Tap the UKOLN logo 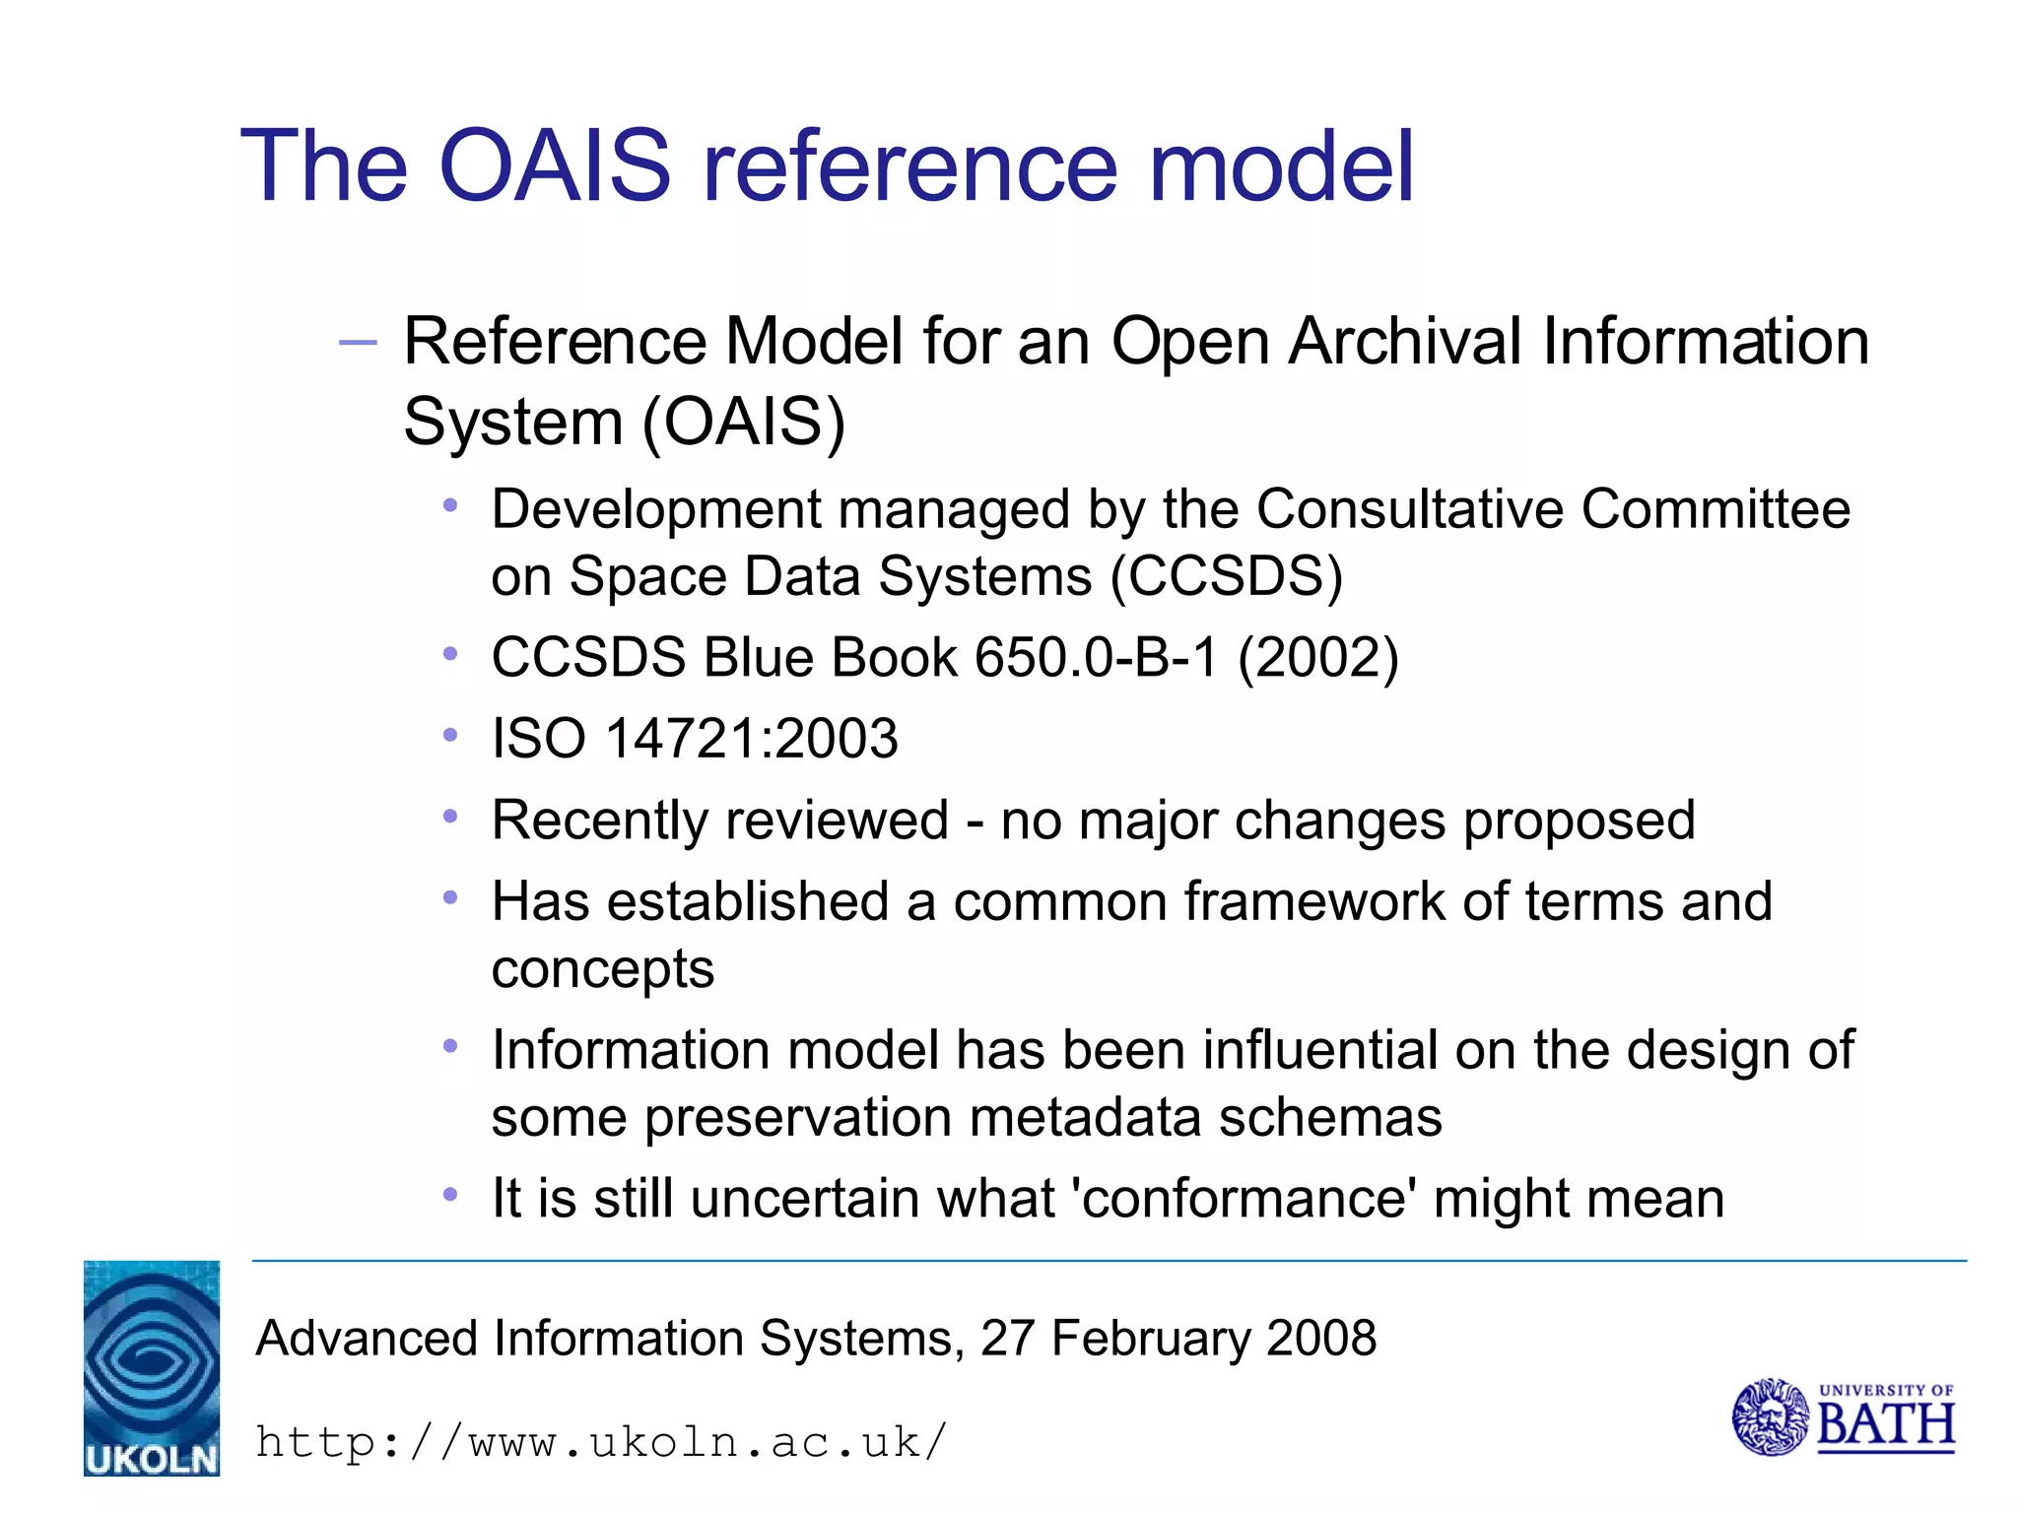tap(151, 1367)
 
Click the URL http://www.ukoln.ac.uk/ tap(601, 1442)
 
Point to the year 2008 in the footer tap(1320, 1339)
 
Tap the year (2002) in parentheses tap(1317, 657)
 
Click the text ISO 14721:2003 tap(695, 738)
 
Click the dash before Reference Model tap(357, 343)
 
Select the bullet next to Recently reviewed tap(450, 817)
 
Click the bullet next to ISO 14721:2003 tap(450, 735)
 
